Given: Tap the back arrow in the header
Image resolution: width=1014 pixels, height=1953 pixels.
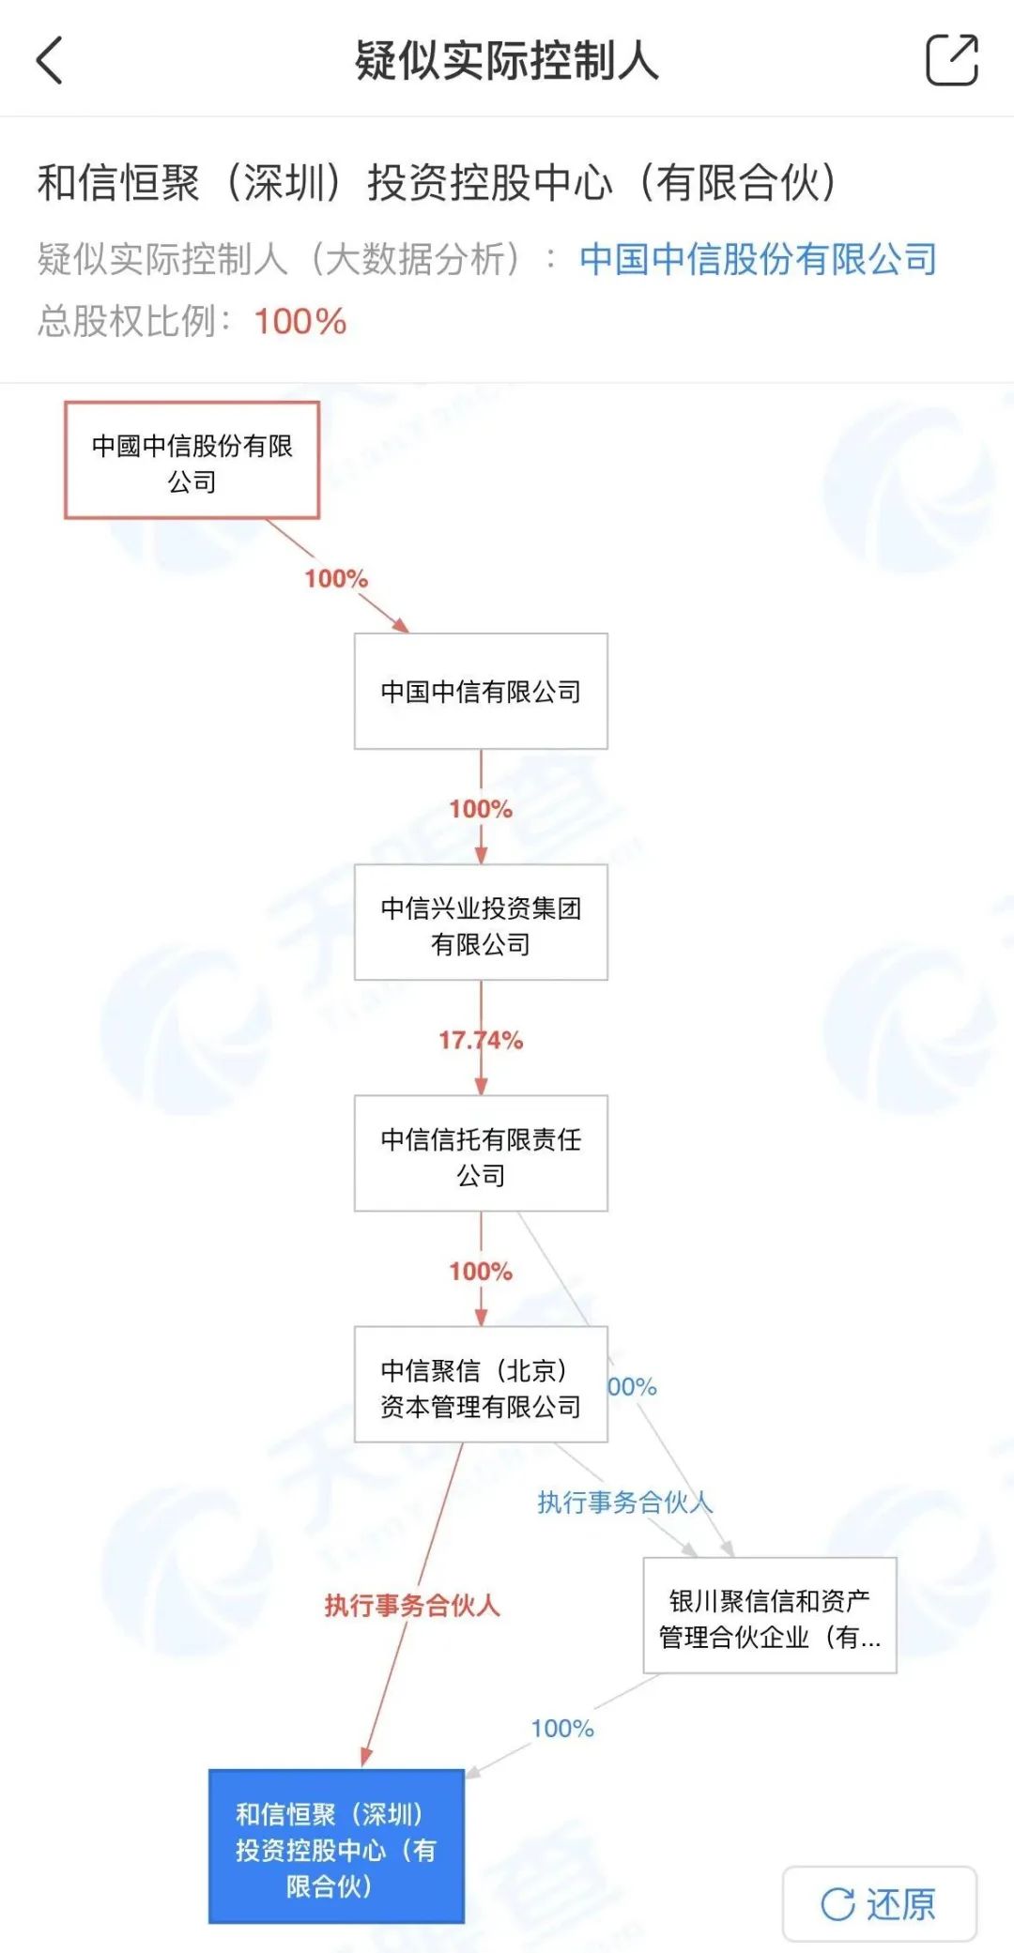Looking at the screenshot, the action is pyautogui.click(x=50, y=61).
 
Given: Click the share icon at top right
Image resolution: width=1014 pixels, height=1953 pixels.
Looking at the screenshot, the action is pyautogui.click(x=952, y=59).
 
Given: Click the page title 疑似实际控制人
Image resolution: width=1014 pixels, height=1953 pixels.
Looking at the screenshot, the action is pyautogui.click(x=507, y=61).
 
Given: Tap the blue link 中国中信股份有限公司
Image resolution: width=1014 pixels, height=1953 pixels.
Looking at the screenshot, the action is pyautogui.click(x=759, y=259).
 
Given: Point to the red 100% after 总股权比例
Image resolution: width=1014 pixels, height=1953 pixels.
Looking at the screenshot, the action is pyautogui.click(x=300, y=322).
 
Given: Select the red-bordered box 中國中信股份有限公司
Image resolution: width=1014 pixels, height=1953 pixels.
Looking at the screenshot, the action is pyautogui.click(x=192, y=460).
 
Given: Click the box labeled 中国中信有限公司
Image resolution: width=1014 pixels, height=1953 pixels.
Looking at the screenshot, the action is pyautogui.click(x=481, y=692).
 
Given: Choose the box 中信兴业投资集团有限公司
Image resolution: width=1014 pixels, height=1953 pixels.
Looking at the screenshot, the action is pyautogui.click(x=481, y=923).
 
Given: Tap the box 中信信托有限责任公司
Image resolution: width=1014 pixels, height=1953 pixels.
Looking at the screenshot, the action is pyautogui.click(x=481, y=1153).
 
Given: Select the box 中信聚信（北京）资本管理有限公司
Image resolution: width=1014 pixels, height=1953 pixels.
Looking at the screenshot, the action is pyautogui.click(x=481, y=1384).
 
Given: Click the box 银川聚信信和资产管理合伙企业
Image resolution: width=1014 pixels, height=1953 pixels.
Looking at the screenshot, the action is pyautogui.click(x=770, y=1615).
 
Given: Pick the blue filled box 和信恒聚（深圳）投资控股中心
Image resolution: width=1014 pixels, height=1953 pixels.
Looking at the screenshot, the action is pyautogui.click(x=336, y=1846).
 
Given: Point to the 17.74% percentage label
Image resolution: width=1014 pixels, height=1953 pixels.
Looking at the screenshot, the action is pyautogui.click(x=481, y=1040).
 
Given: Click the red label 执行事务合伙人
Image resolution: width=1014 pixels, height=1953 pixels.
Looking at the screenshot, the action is pyautogui.click(x=412, y=1606).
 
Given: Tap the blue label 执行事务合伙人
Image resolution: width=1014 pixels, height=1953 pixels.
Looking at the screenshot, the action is pyautogui.click(x=625, y=1503).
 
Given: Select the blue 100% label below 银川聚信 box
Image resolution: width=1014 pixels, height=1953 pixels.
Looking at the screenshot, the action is pyautogui.click(x=562, y=1729).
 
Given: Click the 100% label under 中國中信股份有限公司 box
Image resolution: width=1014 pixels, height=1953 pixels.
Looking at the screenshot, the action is pyautogui.click(x=336, y=578).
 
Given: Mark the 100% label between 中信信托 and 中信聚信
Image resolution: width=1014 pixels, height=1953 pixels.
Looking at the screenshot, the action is pyautogui.click(x=481, y=1272).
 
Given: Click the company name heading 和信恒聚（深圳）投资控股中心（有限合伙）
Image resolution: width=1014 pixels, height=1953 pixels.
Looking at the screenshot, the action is pyautogui.click(x=437, y=182).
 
